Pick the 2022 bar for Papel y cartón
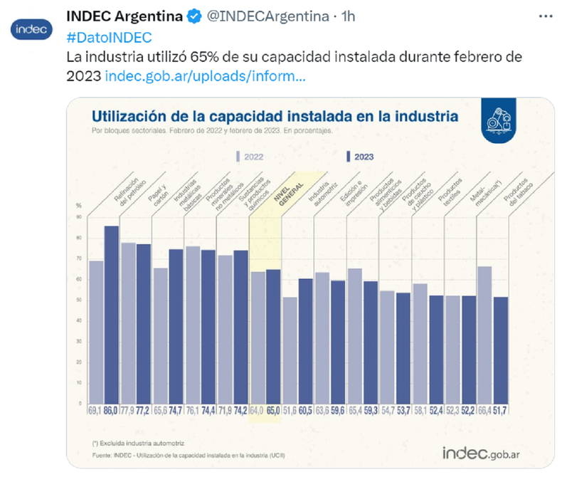pos(128,320)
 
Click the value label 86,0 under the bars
pos(112,411)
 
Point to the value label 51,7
pos(500,411)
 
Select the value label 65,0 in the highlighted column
pos(273,411)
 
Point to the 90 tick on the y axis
pos(79,216)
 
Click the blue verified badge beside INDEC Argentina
pos(194,16)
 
